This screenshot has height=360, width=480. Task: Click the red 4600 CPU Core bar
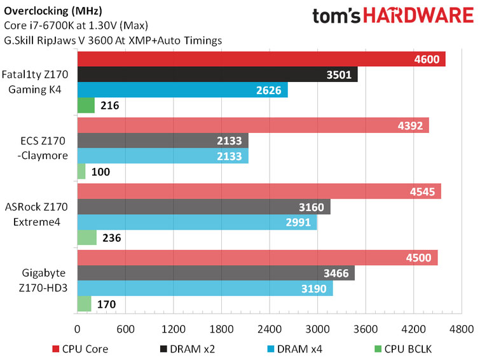[261, 59]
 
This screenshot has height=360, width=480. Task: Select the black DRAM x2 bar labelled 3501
[217, 75]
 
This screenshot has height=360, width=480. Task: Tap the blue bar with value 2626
[182, 90]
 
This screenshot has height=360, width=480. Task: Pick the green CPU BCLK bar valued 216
[86, 106]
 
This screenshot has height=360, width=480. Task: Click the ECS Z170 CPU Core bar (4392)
[253, 125]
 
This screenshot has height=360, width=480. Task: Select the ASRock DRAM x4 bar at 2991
[197, 222]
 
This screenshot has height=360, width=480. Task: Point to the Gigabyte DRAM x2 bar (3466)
[216, 273]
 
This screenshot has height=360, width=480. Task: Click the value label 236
[111, 239]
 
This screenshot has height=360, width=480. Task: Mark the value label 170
[106, 305]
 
